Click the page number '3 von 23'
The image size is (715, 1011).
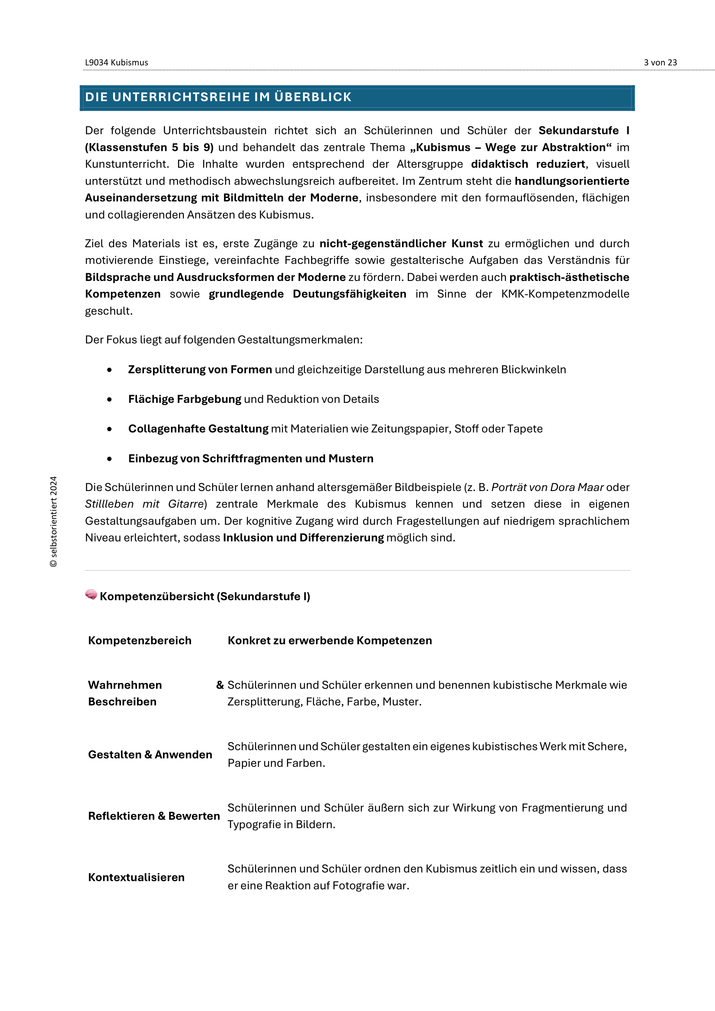660,63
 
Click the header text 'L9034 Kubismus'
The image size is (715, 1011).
117,63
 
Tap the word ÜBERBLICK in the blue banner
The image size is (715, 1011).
313,97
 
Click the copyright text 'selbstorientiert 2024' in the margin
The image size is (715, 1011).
54,521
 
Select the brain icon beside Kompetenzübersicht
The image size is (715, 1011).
91,594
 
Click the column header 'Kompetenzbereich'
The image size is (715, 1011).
140,640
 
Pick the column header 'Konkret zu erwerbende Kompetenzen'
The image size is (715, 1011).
330,640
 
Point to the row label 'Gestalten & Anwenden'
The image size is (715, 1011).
150,754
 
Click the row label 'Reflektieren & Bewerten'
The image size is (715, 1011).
153,816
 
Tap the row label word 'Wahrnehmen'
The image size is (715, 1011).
125,685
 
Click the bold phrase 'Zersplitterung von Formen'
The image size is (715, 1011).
200,370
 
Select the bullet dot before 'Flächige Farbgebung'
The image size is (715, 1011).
109,399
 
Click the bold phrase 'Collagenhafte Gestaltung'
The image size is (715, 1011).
198,428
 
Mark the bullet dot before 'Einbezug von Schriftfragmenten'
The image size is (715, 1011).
109,459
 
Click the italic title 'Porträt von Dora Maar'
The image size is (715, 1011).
547,487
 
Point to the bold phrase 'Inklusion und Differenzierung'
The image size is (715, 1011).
303,538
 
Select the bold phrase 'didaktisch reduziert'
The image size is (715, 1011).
528,164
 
